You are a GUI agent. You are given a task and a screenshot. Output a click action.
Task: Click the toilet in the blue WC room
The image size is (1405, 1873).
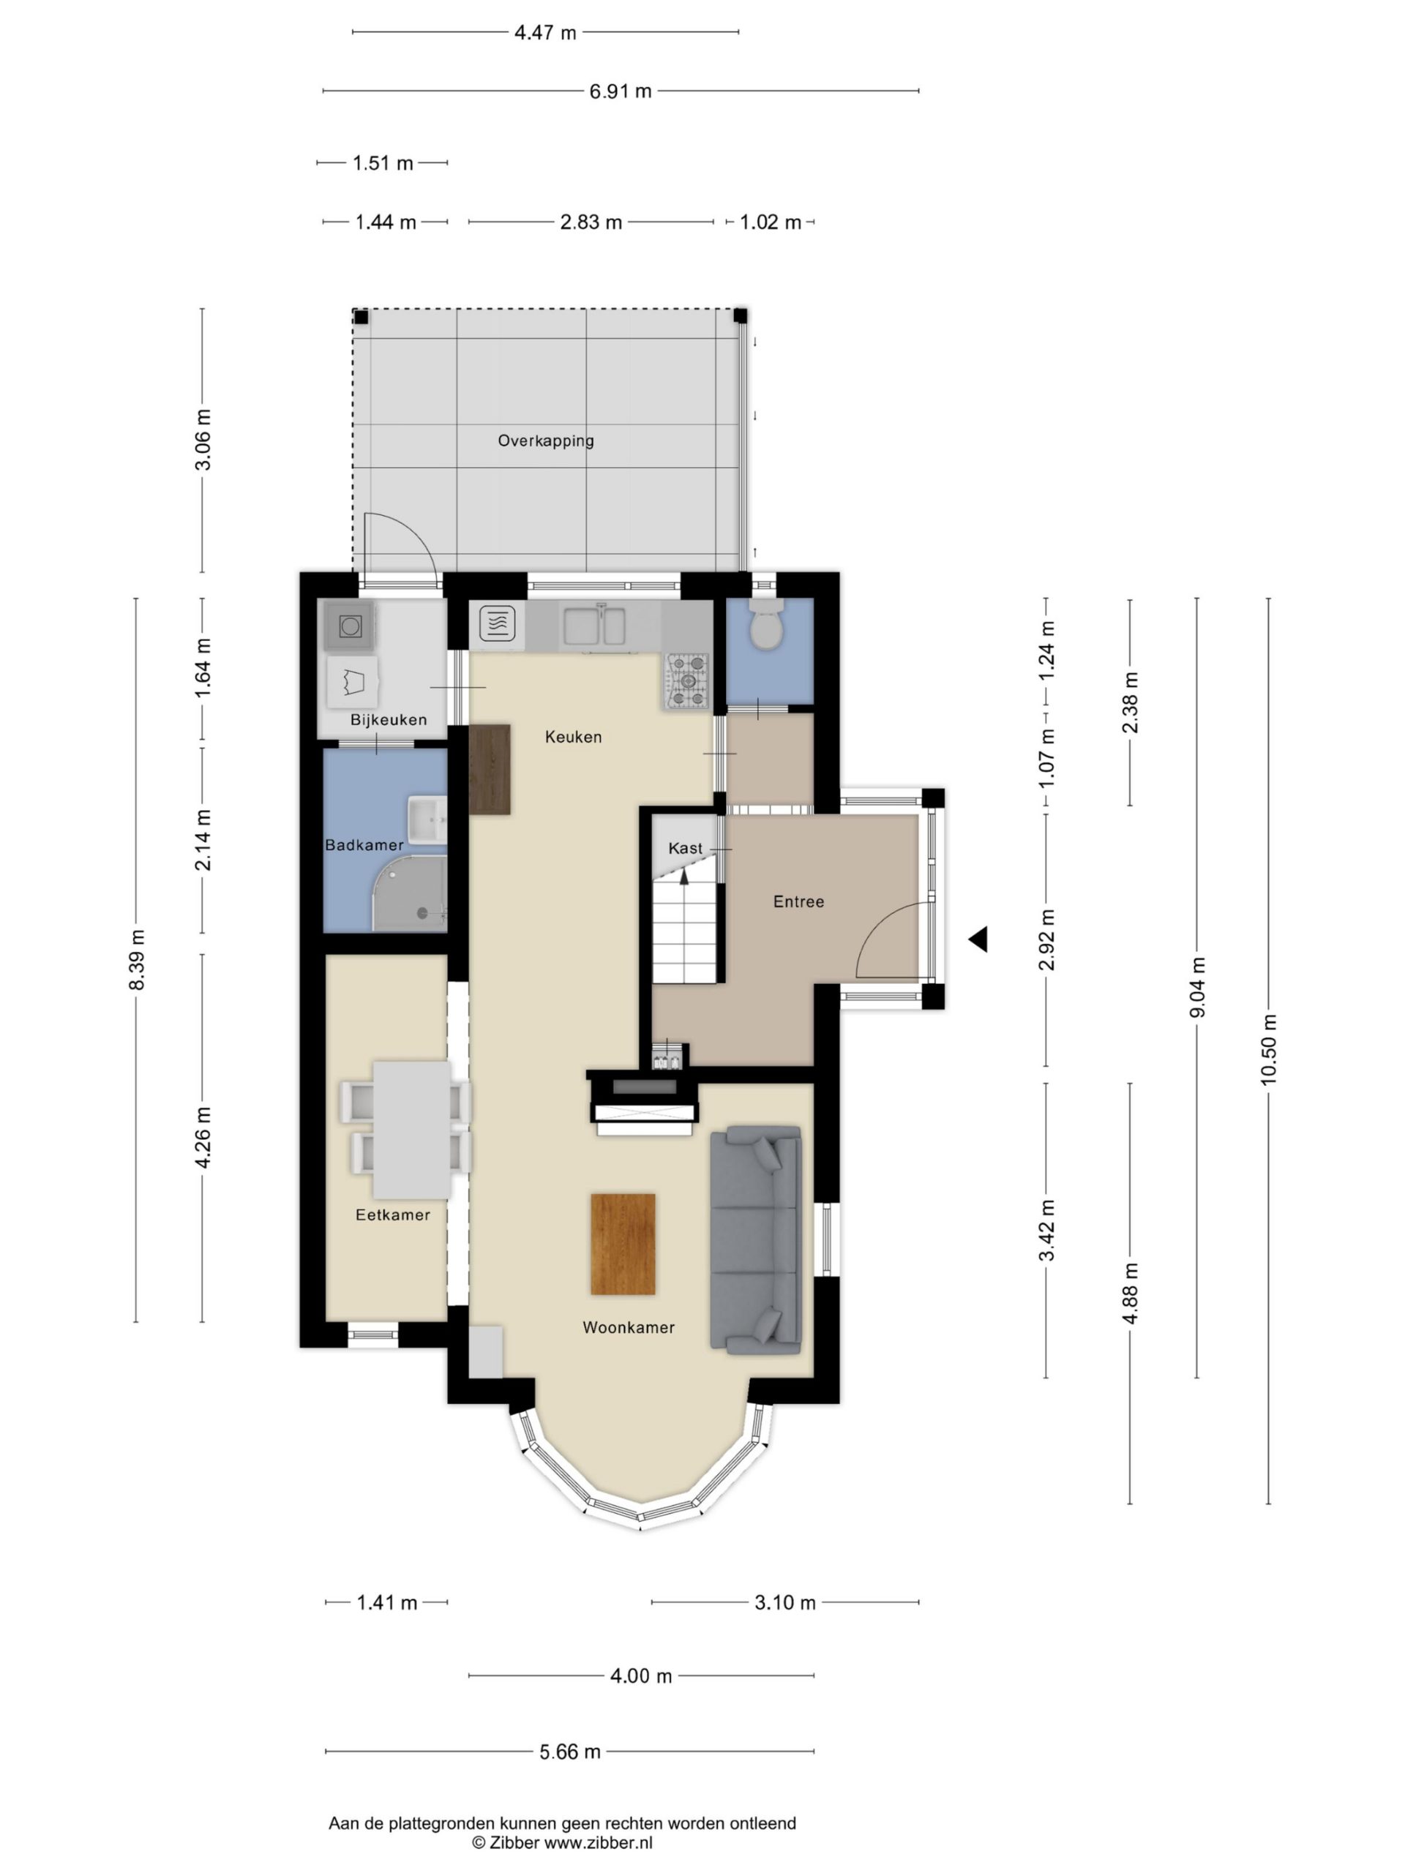tap(768, 626)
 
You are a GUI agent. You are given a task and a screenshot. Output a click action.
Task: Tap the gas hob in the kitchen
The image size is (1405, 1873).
tap(687, 680)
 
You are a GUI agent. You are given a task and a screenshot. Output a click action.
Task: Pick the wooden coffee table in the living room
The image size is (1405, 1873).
tap(623, 1244)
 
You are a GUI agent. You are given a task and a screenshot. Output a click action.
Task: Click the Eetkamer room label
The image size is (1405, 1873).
tap(393, 1215)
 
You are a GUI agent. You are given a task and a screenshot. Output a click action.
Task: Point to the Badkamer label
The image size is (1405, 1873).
tap(364, 844)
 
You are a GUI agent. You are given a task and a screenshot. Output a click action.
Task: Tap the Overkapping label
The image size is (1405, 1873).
tap(545, 440)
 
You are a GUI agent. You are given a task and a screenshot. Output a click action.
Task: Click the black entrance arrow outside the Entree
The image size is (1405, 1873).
tap(978, 939)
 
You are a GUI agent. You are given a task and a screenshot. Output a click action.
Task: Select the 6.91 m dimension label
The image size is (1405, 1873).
tap(621, 91)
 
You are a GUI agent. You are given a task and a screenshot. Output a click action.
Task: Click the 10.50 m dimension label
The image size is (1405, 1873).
tap(1268, 1049)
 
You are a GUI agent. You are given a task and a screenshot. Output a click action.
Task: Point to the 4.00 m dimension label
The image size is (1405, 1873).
tap(641, 1675)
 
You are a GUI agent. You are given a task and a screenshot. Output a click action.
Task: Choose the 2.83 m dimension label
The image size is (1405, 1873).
tap(591, 222)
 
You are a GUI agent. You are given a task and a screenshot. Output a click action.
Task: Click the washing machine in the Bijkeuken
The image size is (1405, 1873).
tap(350, 626)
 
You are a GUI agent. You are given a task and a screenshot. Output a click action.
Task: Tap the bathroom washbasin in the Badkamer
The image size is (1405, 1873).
tap(427, 819)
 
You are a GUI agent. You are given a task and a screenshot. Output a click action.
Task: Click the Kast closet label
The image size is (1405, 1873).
tap(685, 847)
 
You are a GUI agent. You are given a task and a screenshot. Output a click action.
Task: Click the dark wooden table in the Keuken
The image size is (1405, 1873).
tap(490, 770)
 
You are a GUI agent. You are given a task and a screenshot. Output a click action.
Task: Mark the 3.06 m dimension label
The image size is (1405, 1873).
tap(203, 440)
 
